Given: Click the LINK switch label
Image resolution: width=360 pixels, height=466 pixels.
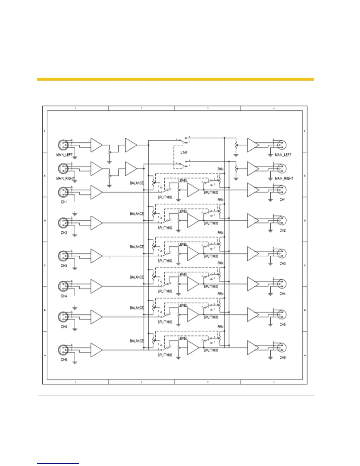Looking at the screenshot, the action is tap(184, 152).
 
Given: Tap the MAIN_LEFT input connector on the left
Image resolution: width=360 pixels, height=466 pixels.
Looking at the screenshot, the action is tap(63, 145).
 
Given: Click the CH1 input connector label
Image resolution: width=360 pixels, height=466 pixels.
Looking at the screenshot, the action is tap(64, 202).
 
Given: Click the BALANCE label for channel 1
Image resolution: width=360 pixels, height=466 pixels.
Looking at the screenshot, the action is tap(137, 183).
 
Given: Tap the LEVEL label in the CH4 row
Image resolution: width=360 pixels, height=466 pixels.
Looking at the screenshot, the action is tap(183, 275).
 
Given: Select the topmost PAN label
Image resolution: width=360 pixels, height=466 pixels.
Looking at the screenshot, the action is tap(220, 169).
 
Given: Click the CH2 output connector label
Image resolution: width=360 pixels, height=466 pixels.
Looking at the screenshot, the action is tap(282, 230).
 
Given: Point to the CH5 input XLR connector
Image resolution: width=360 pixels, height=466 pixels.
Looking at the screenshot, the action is tap(63, 317).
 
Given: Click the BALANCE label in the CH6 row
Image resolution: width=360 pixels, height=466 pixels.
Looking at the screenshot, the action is tap(137, 341).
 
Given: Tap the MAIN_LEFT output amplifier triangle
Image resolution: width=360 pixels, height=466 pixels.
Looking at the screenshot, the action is tap(253, 145).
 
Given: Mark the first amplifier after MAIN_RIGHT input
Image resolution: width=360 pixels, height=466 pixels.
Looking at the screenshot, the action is tap(96, 169).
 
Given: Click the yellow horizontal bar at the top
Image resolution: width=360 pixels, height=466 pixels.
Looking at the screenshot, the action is tap(175, 79).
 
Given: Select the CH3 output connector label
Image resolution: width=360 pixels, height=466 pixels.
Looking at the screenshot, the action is tap(282, 263).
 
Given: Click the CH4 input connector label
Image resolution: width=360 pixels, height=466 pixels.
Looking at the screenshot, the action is tap(64, 296).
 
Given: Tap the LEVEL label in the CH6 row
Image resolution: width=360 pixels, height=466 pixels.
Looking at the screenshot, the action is tap(183, 339).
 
